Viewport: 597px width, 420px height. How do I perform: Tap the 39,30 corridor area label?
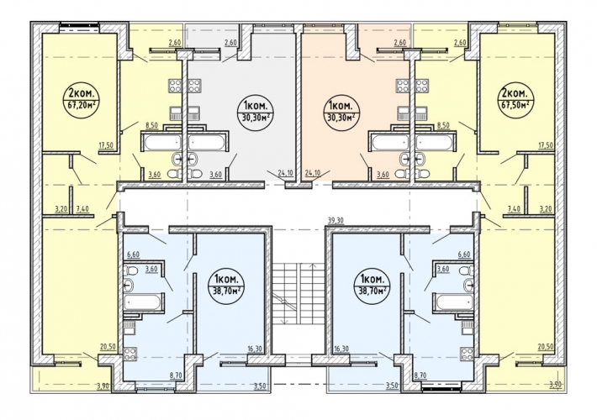tap(335, 219)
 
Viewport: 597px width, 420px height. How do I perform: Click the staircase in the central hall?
tap(298, 293)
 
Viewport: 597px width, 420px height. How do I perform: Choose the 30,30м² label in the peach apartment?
tap(341, 118)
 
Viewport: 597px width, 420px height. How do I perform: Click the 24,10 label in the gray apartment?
tap(285, 173)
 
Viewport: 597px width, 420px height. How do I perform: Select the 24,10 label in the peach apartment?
tap(313, 173)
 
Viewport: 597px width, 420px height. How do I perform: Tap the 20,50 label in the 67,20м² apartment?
tap(108, 346)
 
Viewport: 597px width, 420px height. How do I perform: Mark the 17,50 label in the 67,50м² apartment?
tap(546, 145)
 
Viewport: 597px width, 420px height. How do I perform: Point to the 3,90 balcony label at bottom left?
tap(103, 386)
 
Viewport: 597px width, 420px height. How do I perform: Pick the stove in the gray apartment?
tap(195, 85)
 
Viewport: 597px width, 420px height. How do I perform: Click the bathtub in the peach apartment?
tap(388, 142)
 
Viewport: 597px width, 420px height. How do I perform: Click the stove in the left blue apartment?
tap(130, 354)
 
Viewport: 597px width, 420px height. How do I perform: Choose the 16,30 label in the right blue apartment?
tap(341, 349)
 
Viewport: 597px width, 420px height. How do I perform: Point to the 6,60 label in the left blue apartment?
tap(133, 255)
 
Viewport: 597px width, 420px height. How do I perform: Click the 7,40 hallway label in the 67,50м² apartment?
tap(514, 210)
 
